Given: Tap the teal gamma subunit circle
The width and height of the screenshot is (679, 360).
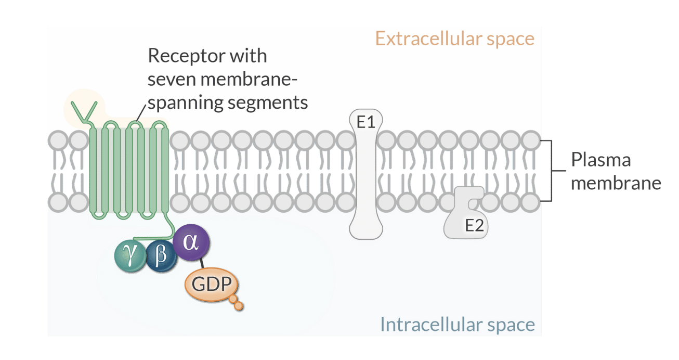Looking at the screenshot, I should coord(129,255).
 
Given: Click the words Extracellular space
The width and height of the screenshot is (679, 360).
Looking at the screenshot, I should coord(454,38).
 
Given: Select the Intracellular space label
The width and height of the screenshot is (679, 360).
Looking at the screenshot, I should coord(457,324).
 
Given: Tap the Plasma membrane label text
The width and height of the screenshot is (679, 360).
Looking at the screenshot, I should coord(616,171).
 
